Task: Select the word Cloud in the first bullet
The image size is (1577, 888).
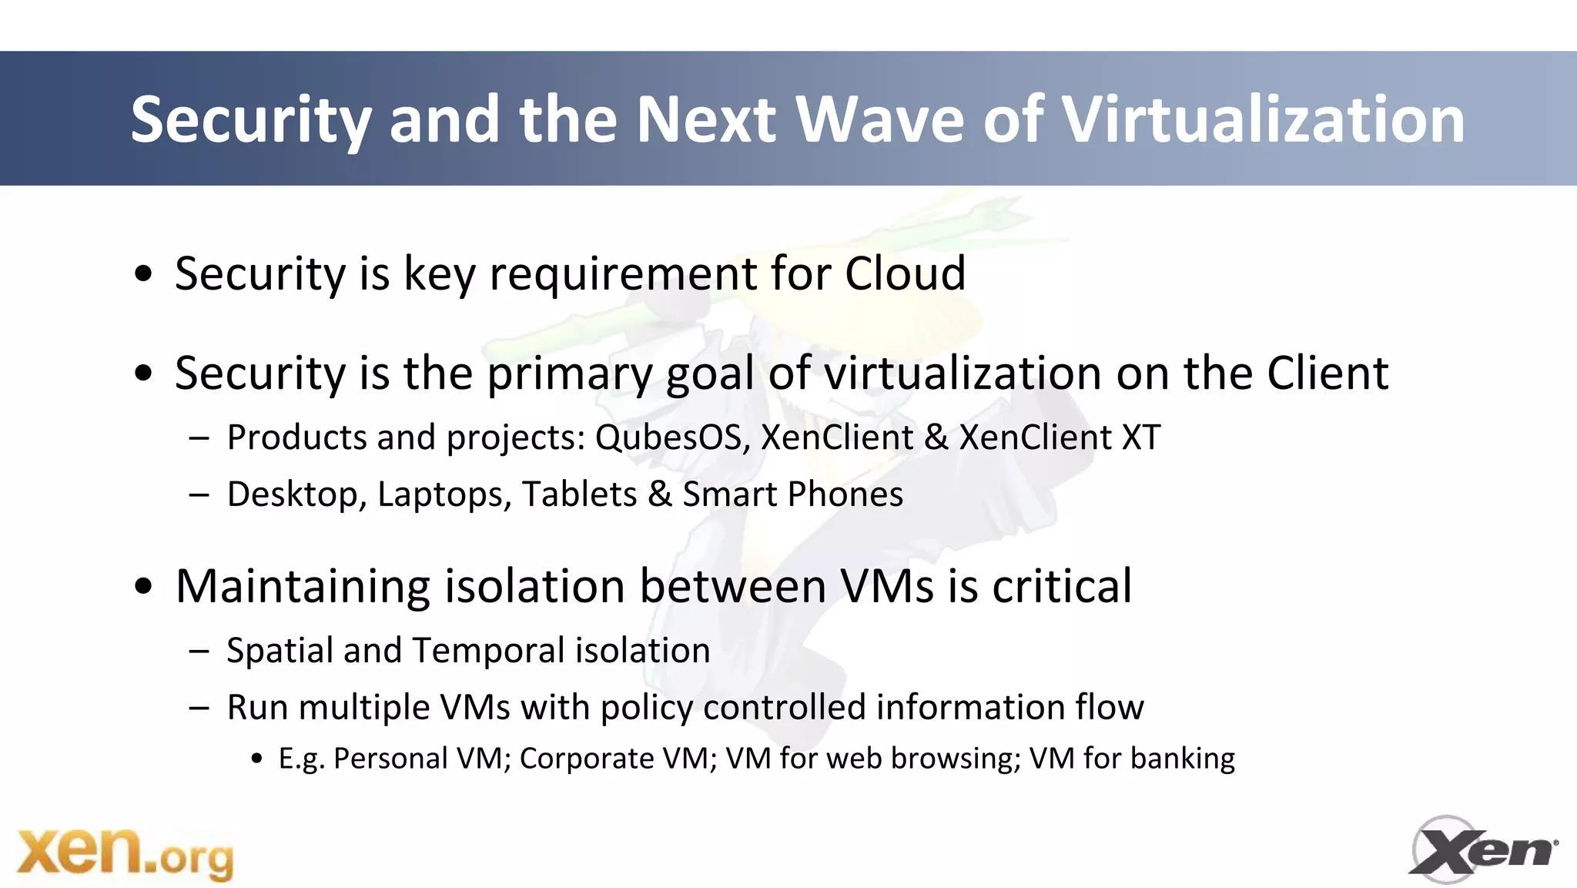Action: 905,273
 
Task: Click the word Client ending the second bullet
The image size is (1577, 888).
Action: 1327,374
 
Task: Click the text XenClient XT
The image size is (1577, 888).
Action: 1059,437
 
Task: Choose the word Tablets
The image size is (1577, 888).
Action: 579,494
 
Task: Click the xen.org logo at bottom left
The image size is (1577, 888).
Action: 125,853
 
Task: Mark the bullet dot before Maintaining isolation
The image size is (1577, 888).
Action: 143,587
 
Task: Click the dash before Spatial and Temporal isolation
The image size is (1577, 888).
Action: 199,652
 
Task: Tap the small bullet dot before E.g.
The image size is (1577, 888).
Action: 257,759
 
